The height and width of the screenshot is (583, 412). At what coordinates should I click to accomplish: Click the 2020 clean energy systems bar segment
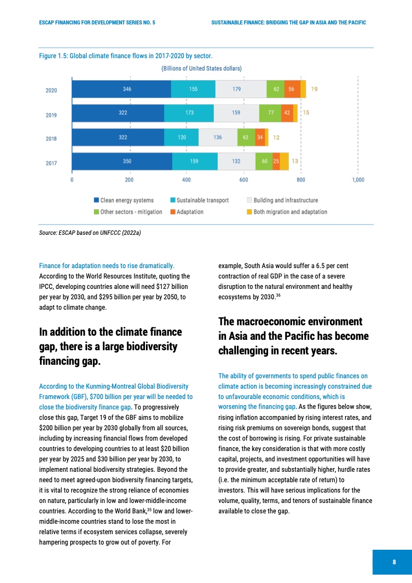point(121,89)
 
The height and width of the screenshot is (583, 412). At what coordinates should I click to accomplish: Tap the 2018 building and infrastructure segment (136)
point(218,137)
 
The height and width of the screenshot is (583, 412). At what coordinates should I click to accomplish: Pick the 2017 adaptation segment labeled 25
point(276,161)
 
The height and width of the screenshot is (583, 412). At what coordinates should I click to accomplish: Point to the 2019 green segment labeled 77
point(270,113)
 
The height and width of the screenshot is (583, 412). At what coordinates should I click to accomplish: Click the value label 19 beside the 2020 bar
point(314,89)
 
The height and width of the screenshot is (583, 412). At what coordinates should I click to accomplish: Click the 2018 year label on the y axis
point(51,139)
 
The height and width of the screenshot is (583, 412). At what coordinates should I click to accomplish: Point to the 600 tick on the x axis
point(244,180)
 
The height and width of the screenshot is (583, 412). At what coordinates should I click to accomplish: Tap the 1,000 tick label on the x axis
point(358,180)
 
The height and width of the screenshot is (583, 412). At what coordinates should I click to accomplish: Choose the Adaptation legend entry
point(190,212)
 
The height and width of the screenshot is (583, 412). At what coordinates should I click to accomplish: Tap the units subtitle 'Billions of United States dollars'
point(202,68)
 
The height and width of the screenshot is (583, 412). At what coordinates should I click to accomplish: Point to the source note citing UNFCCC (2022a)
point(90,233)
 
